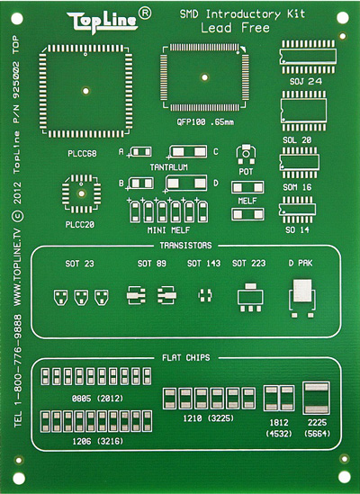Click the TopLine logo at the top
pos(103,22)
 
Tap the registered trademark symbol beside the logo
pos(145,13)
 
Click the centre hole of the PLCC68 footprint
pos(85,91)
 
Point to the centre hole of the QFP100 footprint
pos(204,77)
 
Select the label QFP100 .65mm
pos(205,121)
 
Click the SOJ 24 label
pos(306,81)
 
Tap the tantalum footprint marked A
pos(140,152)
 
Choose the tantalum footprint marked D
pos(186,184)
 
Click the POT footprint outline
pos(246,155)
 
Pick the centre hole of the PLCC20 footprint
pos(82,193)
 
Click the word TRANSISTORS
pos(185,246)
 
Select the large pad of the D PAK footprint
pos(302,290)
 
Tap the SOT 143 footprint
pos(205,295)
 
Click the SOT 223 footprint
pos(250,298)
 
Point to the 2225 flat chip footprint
pos(317,398)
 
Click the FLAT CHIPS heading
pos(186,357)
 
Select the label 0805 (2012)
pos(97,399)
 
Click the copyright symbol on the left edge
pos(18,216)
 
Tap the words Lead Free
pos(236,28)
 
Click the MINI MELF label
pos(168,230)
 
